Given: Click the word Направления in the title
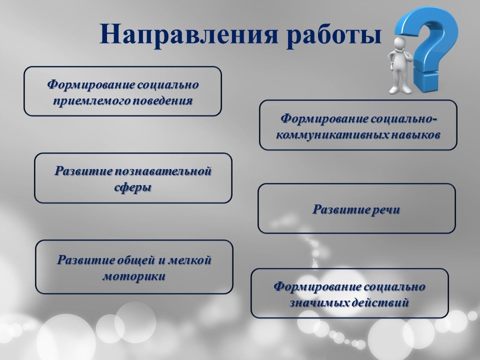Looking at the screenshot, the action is (x=189, y=34).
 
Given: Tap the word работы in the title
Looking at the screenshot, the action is (x=334, y=34).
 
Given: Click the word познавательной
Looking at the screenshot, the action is (x=163, y=171).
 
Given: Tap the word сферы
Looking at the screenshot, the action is (x=133, y=187).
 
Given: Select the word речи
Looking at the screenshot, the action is (x=386, y=210).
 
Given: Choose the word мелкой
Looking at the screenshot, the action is (x=190, y=260).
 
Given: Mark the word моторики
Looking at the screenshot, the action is (x=134, y=276).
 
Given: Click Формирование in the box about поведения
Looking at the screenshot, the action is (x=90, y=85).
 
